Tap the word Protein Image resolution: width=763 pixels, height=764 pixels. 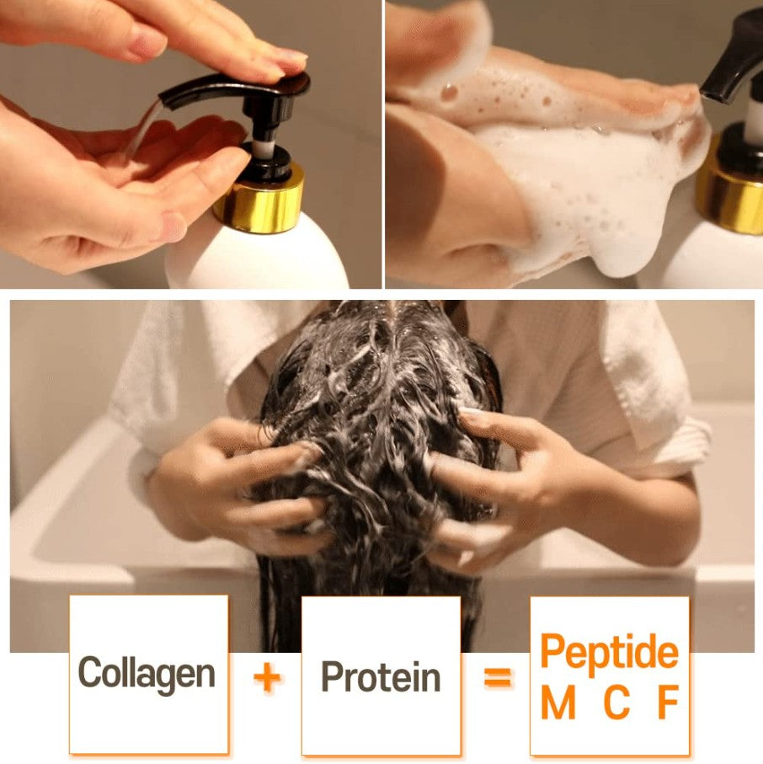pyautogui.click(x=381, y=677)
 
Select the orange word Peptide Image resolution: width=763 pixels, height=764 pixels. pyautogui.click(x=608, y=653)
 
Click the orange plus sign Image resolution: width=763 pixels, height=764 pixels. pyautogui.click(x=267, y=677)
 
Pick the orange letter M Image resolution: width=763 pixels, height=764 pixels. pyautogui.click(x=557, y=704)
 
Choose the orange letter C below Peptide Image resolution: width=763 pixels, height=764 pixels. pyautogui.click(x=616, y=704)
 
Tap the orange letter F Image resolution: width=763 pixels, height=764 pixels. pyautogui.click(x=668, y=704)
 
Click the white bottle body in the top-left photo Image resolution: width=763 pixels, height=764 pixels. pyautogui.click(x=257, y=257)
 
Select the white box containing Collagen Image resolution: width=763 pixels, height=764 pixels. pyautogui.click(x=148, y=724)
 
